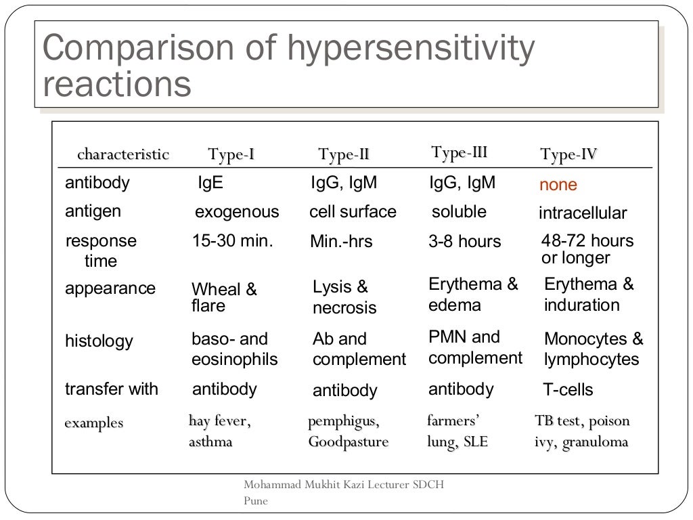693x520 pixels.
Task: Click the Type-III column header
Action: pyautogui.click(x=459, y=152)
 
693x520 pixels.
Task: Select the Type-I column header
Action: pyautogui.click(x=231, y=155)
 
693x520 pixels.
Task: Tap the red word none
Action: pyautogui.click(x=558, y=185)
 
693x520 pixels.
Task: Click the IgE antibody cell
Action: pyautogui.click(x=210, y=183)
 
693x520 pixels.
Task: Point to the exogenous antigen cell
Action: pyautogui.click(x=237, y=212)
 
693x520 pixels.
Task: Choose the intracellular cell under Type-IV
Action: pyautogui.click(x=583, y=214)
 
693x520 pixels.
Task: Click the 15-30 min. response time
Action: pyautogui.click(x=232, y=240)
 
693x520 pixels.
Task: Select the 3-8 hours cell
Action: pyautogui.click(x=464, y=242)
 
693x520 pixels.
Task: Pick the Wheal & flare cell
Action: pyautogui.click(x=224, y=298)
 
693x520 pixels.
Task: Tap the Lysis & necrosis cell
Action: pyautogui.click(x=344, y=297)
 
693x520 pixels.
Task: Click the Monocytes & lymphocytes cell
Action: pyautogui.click(x=593, y=349)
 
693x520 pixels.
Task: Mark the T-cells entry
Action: pyautogui.click(x=568, y=390)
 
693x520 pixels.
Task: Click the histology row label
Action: pyautogui.click(x=99, y=341)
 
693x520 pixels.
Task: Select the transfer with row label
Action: pyautogui.click(x=111, y=389)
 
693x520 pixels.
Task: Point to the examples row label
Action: pyautogui.click(x=93, y=423)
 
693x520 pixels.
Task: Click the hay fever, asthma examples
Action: pyautogui.click(x=219, y=431)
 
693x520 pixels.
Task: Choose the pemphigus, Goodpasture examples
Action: pyautogui.click(x=348, y=431)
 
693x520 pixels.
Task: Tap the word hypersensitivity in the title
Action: pyautogui.click(x=411, y=49)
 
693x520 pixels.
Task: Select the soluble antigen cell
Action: pyautogui.click(x=459, y=212)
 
